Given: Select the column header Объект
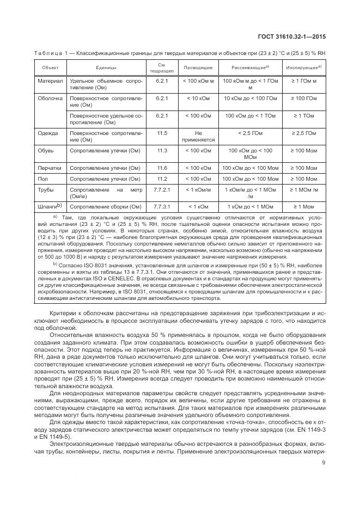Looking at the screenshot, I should coord(51,68).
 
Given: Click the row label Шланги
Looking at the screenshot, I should coord(49,206).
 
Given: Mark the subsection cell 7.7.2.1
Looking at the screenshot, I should coord(162,189).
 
